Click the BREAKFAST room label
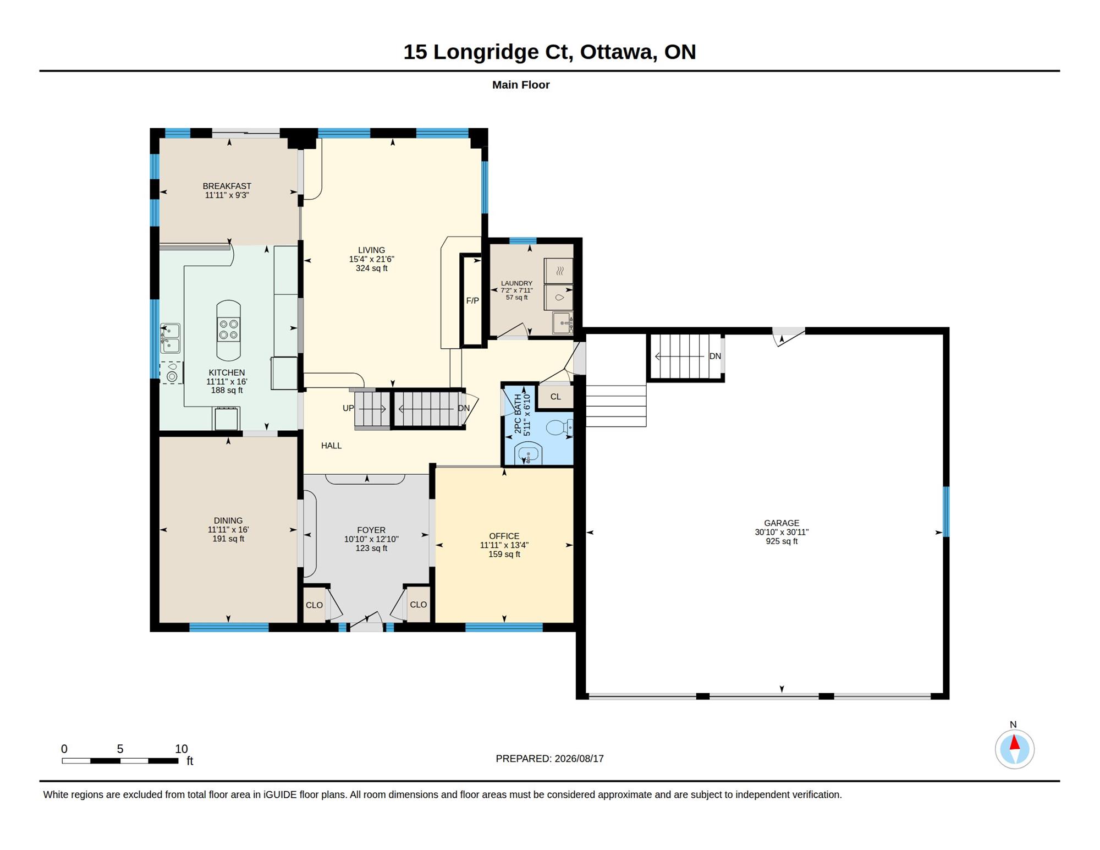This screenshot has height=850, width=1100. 227,186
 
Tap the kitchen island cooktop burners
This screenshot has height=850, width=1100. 228,330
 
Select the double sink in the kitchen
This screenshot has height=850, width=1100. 170,338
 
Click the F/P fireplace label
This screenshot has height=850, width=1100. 472,301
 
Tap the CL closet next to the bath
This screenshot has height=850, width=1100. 555,397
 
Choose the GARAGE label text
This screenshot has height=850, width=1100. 782,523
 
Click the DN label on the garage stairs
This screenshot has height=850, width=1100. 715,357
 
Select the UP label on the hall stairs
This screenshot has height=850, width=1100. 349,408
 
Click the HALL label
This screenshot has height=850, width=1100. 331,446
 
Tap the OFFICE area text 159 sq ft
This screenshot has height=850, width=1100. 504,555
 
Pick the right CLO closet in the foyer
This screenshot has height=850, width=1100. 418,605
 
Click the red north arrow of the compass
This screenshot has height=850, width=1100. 1015,743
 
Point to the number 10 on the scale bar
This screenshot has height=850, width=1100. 182,749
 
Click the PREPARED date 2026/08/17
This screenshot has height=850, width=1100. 579,759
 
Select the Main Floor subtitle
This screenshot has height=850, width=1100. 521,85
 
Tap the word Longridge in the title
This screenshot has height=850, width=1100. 486,52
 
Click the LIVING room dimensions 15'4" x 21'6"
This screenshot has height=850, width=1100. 372,259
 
